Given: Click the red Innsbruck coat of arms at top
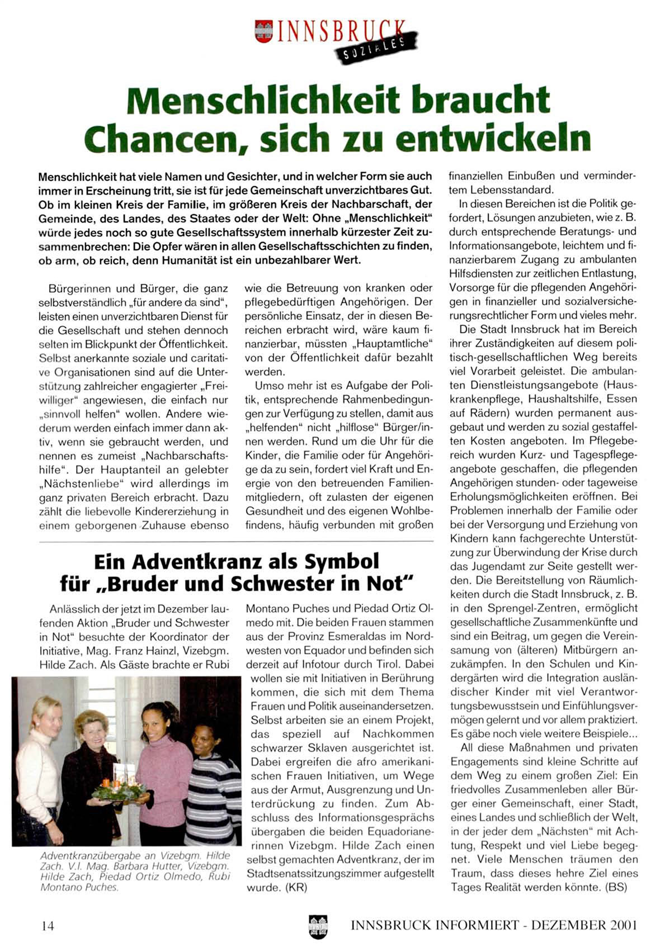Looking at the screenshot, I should click(x=263, y=31).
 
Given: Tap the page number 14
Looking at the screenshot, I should click(x=48, y=925).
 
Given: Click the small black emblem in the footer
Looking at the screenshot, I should click(x=318, y=925).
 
